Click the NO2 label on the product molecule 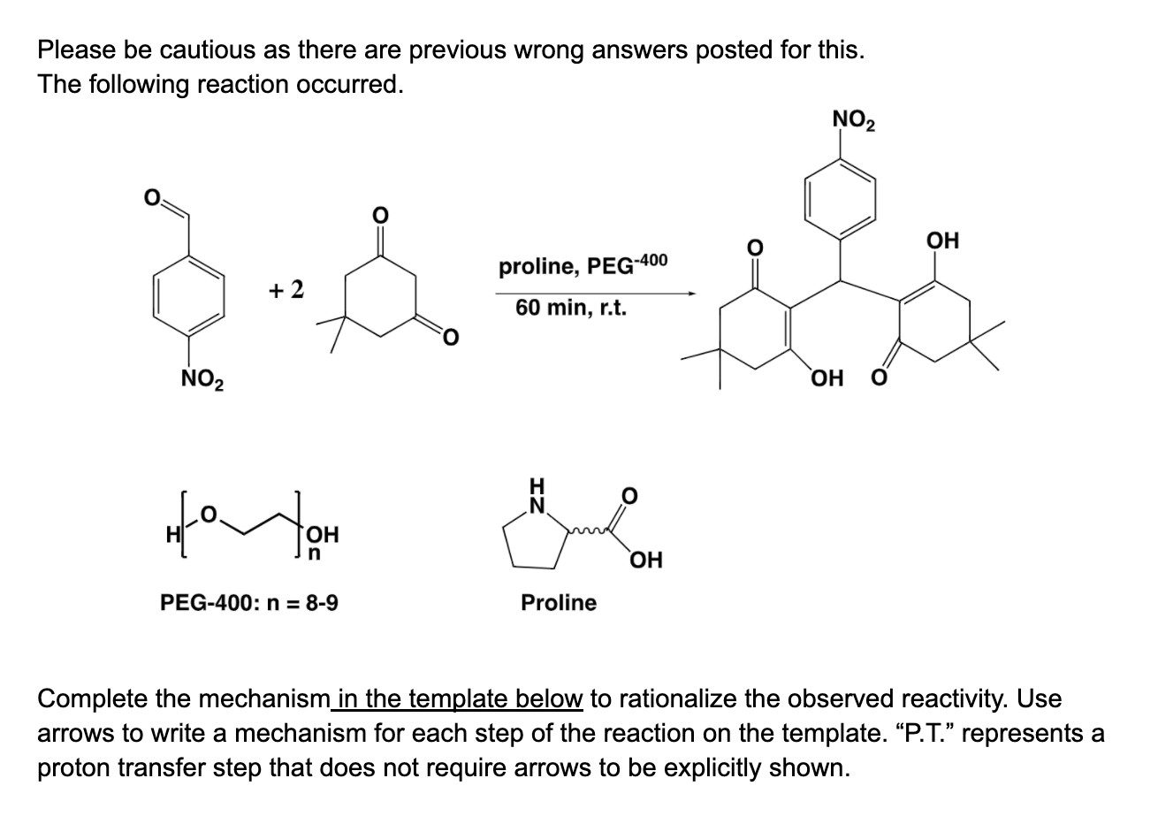[x=853, y=119]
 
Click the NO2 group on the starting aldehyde [x=202, y=382]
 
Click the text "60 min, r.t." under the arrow [x=570, y=309]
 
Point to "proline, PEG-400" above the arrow [x=583, y=264]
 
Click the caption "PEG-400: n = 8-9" [x=248, y=603]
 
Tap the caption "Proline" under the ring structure [x=558, y=603]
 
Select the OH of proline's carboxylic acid [x=645, y=560]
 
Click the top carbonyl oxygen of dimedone [x=381, y=214]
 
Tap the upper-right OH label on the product [x=942, y=240]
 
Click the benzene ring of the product [x=840, y=199]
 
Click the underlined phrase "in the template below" [x=460, y=698]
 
